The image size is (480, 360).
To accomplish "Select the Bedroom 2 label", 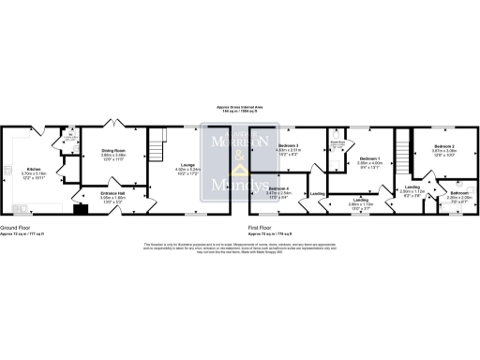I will pos(445,147).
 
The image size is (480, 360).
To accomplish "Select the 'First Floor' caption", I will pos(263,227).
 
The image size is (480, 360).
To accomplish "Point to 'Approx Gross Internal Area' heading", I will pos(240,108).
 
